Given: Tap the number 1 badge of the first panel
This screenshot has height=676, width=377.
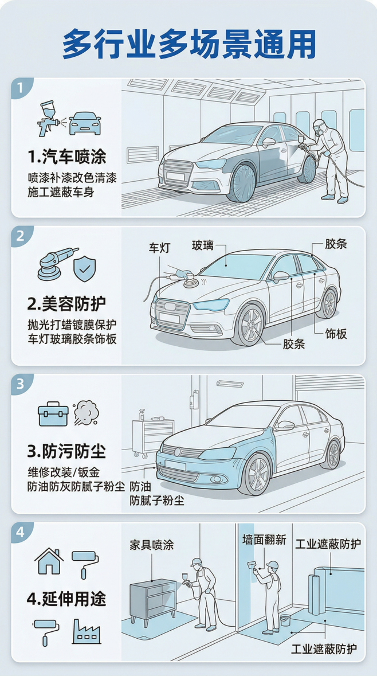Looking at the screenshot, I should pos(21,89).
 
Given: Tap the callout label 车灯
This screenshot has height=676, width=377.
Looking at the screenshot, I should pos(160,248).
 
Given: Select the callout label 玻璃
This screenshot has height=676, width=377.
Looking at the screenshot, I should pos(203,245).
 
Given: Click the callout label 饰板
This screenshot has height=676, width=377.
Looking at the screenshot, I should pos(336,333).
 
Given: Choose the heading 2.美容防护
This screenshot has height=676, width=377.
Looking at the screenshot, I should pos(66,303).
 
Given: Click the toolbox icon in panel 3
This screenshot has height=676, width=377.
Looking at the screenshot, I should pos(53,415).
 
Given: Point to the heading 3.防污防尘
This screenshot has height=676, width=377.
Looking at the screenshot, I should pos(66,451).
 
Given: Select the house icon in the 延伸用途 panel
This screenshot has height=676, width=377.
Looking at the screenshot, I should pos(49,561).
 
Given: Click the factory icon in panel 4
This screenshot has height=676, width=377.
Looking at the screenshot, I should pos(87,630).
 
